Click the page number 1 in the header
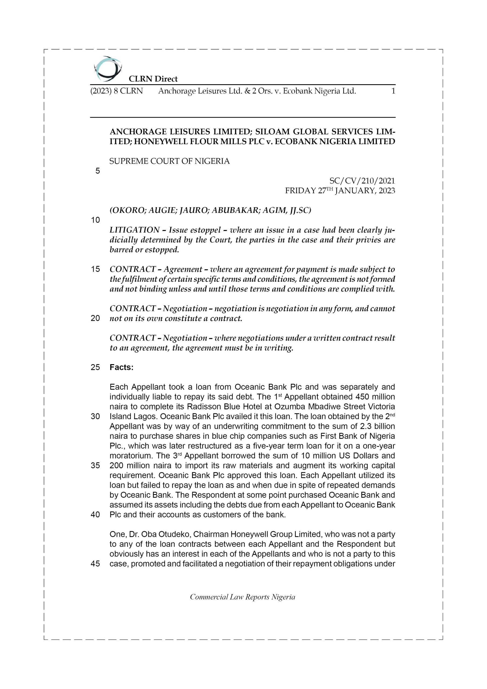393,91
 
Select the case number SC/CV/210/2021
362,181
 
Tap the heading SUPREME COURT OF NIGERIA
170,161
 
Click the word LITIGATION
135,230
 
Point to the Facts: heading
122,367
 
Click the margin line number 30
95,417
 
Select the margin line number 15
95,269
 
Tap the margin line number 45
95,564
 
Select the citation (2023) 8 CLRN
117,91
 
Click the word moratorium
131,456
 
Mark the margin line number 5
97,171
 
